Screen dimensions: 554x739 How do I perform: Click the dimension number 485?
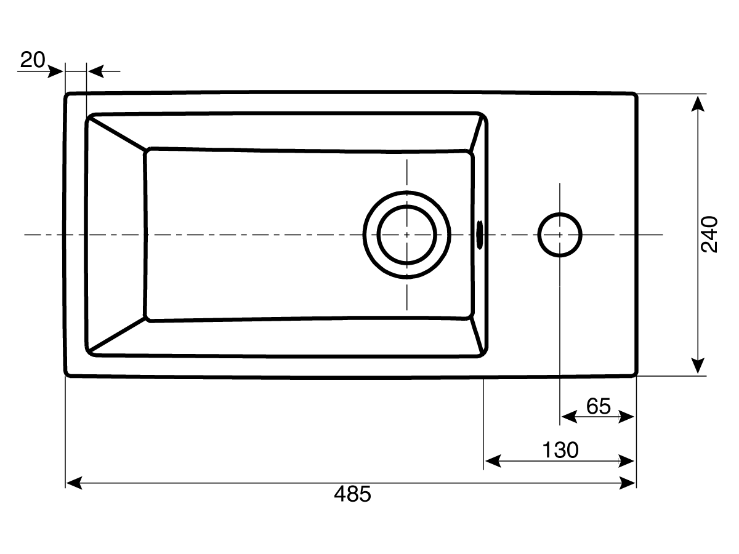click(x=353, y=494)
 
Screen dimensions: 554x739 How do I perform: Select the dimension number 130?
click(x=560, y=450)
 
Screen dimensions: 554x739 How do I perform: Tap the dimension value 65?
click(x=598, y=406)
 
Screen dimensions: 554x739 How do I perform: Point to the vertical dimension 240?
click(x=710, y=234)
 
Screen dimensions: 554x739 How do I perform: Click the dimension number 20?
click(x=33, y=60)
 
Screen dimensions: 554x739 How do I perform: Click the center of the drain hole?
click(x=407, y=235)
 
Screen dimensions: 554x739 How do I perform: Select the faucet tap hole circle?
click(x=560, y=235)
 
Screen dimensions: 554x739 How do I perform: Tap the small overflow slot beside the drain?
click(x=480, y=235)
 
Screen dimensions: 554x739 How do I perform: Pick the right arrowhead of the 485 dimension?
click(x=628, y=483)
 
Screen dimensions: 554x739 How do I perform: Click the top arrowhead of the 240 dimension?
click(x=697, y=103)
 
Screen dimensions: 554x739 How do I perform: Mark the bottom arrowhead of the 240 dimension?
click(x=697, y=366)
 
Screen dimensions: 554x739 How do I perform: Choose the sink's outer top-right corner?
click(x=634, y=95)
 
